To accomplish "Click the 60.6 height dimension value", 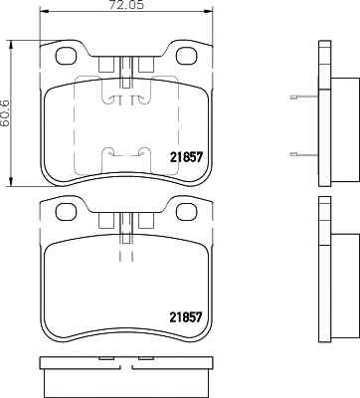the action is [x=5, y=113].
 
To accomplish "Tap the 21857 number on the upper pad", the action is [x=186, y=157].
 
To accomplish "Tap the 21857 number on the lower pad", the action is [x=186, y=317].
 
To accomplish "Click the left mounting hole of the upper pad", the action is [x=66, y=56].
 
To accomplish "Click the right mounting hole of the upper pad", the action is [x=186, y=56].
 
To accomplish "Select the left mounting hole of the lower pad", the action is [x=66, y=212].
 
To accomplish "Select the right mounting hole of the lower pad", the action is [x=186, y=212].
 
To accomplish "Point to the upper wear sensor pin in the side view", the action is [x=304, y=98].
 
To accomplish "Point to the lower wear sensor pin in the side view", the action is [x=304, y=153].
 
